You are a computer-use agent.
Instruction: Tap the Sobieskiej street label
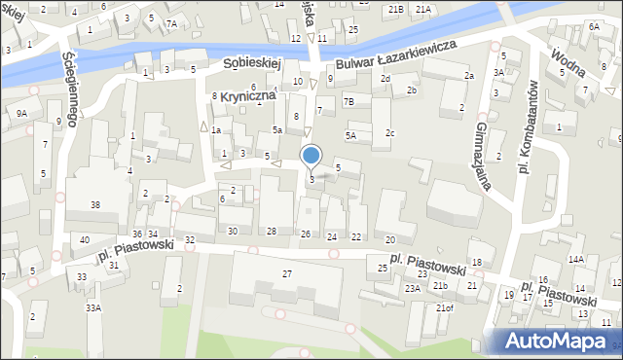coord(251,62)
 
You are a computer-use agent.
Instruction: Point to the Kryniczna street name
coord(247,96)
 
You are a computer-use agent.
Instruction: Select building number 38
coord(95,204)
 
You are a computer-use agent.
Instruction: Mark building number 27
coord(287,273)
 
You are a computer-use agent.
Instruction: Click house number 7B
coord(348,101)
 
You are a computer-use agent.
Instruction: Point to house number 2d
coord(385,78)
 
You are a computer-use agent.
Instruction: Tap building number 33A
coord(92,307)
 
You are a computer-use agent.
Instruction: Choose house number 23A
coord(413,288)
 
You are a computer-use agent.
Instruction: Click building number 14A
coord(576,259)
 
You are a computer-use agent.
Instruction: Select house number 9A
coord(21,114)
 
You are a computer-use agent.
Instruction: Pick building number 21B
coord(395,9)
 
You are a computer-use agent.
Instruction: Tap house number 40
coord(85,239)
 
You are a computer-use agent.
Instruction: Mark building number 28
coord(272,231)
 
